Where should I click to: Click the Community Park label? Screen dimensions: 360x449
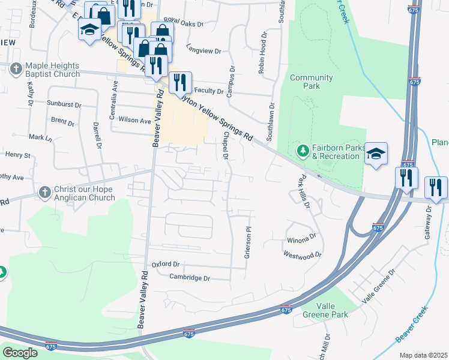(x=311, y=82)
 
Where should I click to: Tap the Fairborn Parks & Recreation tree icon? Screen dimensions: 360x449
(x=303, y=149)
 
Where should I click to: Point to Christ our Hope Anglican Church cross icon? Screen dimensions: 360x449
(x=44, y=193)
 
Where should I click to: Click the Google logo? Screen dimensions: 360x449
(x=20, y=353)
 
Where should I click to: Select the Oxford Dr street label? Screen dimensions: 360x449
(x=166, y=264)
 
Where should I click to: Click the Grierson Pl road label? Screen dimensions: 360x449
(x=247, y=243)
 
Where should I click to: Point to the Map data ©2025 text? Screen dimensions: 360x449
(x=423, y=355)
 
